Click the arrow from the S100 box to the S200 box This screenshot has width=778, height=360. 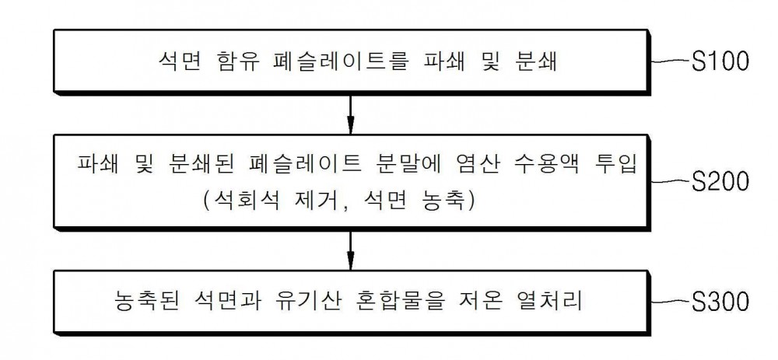(x=350, y=114)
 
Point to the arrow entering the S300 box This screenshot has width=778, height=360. (x=350, y=250)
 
